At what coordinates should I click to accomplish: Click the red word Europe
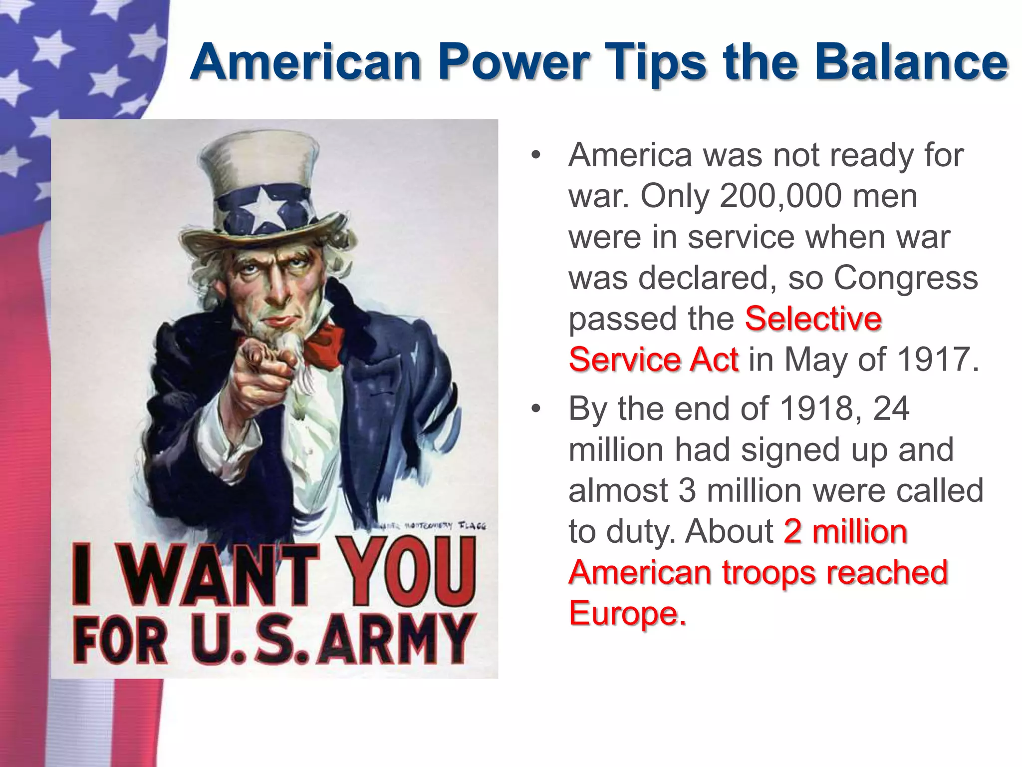pyautogui.click(x=627, y=613)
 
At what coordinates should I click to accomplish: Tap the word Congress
pyautogui.click(x=906, y=278)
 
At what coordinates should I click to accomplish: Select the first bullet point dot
pyautogui.click(x=536, y=155)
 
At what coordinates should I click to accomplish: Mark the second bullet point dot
pyautogui.click(x=536, y=409)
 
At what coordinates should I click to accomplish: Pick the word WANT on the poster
pyautogui.click(x=220, y=574)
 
